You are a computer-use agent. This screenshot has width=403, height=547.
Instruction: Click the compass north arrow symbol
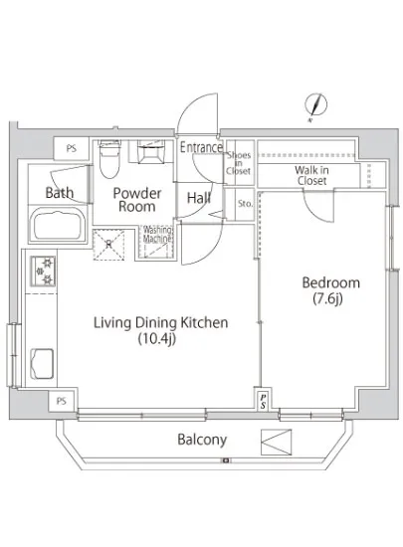pyautogui.click(x=315, y=104)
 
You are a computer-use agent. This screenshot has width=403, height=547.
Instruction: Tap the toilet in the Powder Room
pyautogui.click(x=109, y=159)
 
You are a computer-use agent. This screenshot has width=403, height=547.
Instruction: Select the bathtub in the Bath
pyautogui.click(x=59, y=224)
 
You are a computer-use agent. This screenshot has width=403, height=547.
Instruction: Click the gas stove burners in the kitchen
pyautogui.click(x=43, y=272)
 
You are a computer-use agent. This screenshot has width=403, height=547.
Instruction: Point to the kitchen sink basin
pyautogui.click(x=42, y=364)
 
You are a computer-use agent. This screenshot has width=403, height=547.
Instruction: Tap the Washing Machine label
pyautogui.click(x=157, y=235)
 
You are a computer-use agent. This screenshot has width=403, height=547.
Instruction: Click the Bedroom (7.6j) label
pyautogui.click(x=330, y=290)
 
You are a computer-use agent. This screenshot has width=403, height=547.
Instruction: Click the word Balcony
pyautogui.click(x=202, y=440)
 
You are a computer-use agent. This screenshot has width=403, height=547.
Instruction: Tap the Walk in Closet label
pyautogui.click(x=311, y=175)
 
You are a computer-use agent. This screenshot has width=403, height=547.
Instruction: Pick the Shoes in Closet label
pyautogui.click(x=238, y=163)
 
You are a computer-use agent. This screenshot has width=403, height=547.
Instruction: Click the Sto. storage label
pyautogui.click(x=245, y=203)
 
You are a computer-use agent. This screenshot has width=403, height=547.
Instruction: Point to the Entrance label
pyautogui.click(x=201, y=147)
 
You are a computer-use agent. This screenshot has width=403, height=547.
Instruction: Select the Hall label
pyautogui.click(x=199, y=198)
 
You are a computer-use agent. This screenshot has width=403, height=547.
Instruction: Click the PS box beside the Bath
pyautogui.click(x=72, y=148)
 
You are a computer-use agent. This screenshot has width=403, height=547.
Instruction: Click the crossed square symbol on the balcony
pyautogui.click(x=276, y=442)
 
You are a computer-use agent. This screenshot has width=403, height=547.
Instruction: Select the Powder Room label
pyautogui.click(x=137, y=200)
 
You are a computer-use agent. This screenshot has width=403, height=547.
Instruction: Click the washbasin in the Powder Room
pyautogui.click(x=150, y=151)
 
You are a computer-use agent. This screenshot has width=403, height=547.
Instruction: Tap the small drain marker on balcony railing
pyautogui.click(x=226, y=460)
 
